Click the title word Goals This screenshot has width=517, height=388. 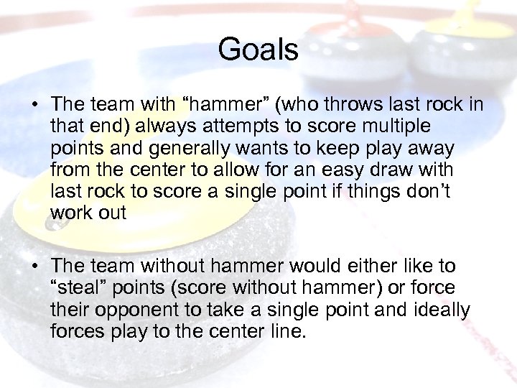258,50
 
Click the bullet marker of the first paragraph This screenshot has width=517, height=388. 34,106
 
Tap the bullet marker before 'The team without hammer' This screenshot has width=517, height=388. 34,267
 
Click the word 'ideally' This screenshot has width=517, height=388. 442,309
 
